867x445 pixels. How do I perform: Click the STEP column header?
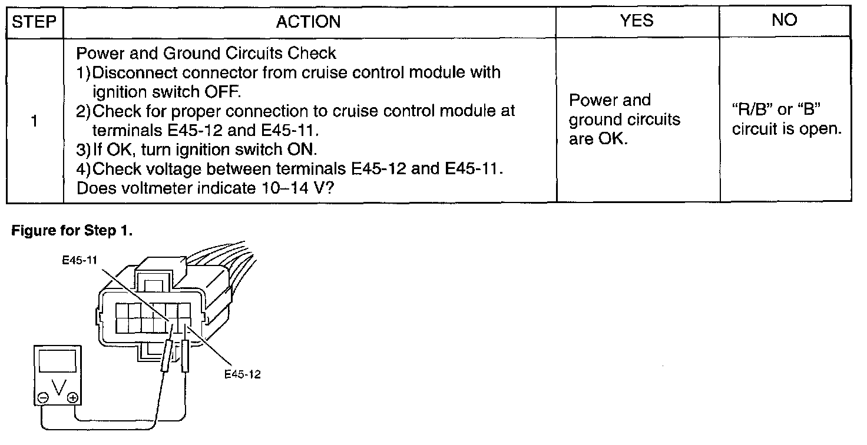(34, 22)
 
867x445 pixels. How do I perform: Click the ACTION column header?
(309, 22)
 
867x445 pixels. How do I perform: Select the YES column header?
(637, 21)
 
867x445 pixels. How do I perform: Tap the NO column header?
(785, 21)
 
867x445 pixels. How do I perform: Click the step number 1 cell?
(34, 121)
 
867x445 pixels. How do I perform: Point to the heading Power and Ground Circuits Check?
(206, 54)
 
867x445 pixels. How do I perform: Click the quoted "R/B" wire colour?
(752, 111)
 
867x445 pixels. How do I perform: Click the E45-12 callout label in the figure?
(242, 374)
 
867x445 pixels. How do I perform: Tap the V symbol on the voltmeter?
(57, 388)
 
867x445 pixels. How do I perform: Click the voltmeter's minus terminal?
(43, 398)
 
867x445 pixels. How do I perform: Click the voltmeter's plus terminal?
(72, 398)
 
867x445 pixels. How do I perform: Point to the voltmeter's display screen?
(57, 360)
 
